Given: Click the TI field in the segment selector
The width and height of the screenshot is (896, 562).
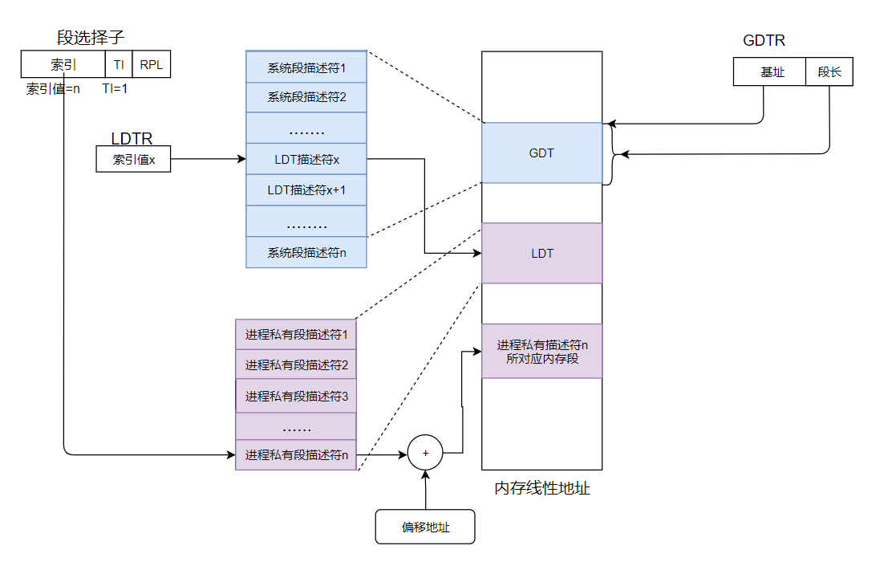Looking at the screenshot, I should tap(118, 65).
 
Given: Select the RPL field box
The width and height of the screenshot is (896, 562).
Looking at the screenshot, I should tap(151, 65).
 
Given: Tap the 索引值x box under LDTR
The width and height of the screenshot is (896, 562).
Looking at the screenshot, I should tap(133, 160).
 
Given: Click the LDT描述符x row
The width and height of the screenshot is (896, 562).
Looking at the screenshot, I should tap(306, 159).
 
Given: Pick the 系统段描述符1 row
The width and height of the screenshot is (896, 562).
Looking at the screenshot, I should tap(306, 67).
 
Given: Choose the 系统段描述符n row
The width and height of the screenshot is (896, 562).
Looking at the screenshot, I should tap(306, 252).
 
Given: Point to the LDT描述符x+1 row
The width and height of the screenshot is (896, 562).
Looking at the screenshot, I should tap(306, 190).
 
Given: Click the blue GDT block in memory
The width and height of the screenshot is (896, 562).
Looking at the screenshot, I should tap(541, 153).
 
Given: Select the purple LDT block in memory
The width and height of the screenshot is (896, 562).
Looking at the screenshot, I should tap(541, 254).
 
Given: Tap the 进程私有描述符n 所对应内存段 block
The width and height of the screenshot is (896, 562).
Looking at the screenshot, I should tap(541, 352).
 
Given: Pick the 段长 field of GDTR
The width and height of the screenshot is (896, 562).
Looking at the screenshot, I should tap(829, 72).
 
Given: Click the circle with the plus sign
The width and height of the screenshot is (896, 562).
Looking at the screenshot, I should tap(426, 454).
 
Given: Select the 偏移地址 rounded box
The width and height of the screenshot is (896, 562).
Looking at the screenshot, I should tap(425, 527).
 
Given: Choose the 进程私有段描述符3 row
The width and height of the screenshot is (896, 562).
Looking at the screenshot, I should tap(296, 396).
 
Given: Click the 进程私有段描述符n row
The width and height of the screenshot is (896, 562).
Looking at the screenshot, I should tap(296, 455).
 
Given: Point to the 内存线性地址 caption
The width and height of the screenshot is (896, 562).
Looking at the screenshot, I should tap(542, 488).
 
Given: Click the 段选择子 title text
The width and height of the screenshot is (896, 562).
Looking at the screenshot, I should tap(91, 37).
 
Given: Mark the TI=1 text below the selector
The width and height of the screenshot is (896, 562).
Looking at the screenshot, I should tap(115, 88).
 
